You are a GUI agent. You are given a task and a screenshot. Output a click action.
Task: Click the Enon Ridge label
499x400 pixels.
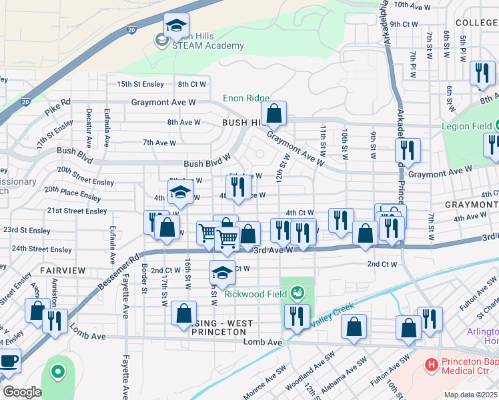[x=246, y=98]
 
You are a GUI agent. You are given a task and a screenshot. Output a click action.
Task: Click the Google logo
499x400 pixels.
[x=21, y=392]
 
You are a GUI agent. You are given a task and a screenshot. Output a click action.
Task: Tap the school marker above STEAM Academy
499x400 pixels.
[x=176, y=27]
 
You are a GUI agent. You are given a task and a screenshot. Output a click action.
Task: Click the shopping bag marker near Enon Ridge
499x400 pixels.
[x=274, y=115]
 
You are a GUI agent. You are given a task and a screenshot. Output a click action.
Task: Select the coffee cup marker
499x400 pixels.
[x=8, y=361]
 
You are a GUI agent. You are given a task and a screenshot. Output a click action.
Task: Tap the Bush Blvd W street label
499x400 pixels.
[x=207, y=163]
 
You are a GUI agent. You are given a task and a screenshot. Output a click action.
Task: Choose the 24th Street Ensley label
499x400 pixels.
[x=41, y=249]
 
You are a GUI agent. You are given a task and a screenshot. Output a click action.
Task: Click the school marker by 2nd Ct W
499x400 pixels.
[x=222, y=273]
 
